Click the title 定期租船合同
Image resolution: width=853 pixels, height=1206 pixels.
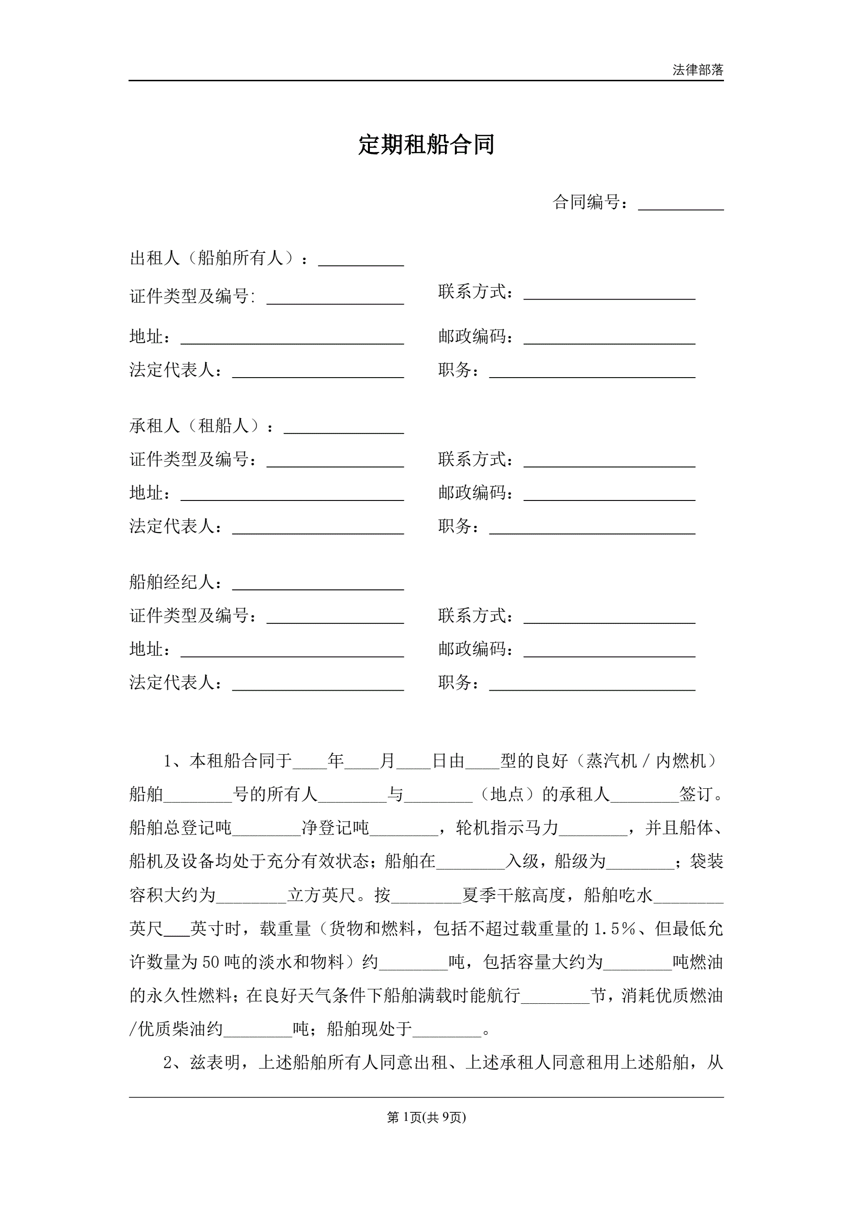pyautogui.click(x=426, y=144)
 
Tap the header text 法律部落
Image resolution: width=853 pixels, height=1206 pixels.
pyautogui.click(x=698, y=70)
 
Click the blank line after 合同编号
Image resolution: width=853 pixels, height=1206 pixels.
pyautogui.click(x=680, y=205)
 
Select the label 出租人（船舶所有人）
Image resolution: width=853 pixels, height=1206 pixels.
pyautogui.click(x=216, y=258)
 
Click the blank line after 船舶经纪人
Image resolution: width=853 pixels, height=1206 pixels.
pyautogui.click(x=318, y=585)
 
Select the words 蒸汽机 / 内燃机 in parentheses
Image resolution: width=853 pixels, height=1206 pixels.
pyautogui.click(x=646, y=761)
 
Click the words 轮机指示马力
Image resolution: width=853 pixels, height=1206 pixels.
pyautogui.click(x=507, y=828)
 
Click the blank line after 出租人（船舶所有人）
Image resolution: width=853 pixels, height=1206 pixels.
pyautogui.click(x=361, y=261)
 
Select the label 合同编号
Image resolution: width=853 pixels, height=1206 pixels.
pyautogui.click(x=587, y=202)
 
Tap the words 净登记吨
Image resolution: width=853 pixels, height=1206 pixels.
pyautogui.click(x=335, y=828)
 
